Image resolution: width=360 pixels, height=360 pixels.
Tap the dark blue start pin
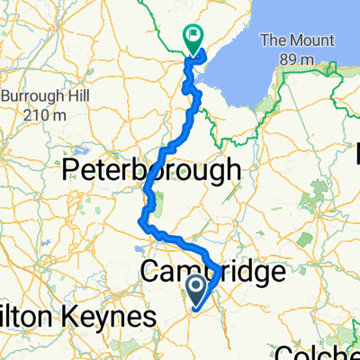click(196, 290)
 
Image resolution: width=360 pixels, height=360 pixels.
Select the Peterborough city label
click(150, 169)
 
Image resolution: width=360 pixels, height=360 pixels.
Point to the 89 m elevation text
click(297, 59)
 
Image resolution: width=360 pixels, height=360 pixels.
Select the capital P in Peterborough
click(68, 169)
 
